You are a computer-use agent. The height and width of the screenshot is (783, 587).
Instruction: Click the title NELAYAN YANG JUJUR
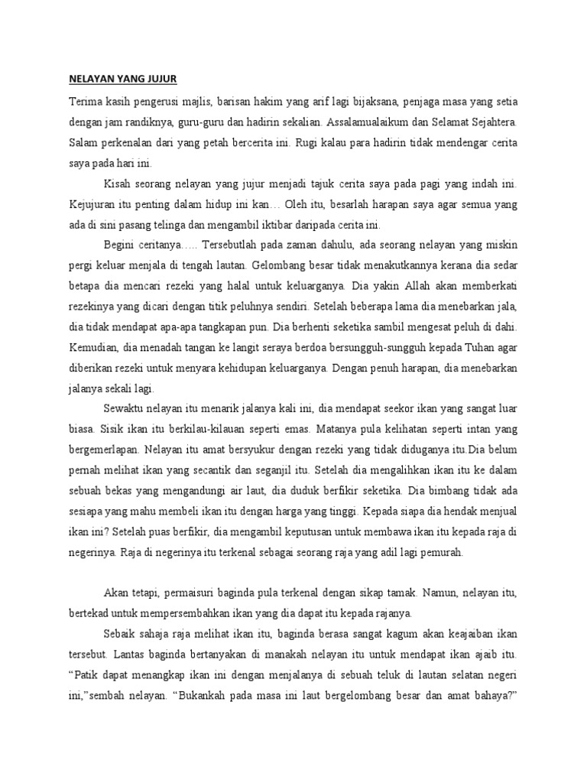pos(123,80)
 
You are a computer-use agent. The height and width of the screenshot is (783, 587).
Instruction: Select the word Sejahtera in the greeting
pos(490,122)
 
